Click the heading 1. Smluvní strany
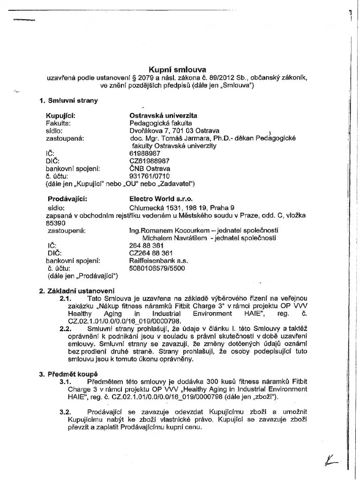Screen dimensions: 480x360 [69, 100]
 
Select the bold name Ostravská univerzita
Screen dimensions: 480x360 [163, 115]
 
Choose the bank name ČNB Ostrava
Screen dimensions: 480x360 [150, 168]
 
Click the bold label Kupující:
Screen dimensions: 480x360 [60, 115]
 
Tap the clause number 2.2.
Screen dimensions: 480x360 [65, 330]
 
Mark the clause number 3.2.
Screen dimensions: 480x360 [65, 412]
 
